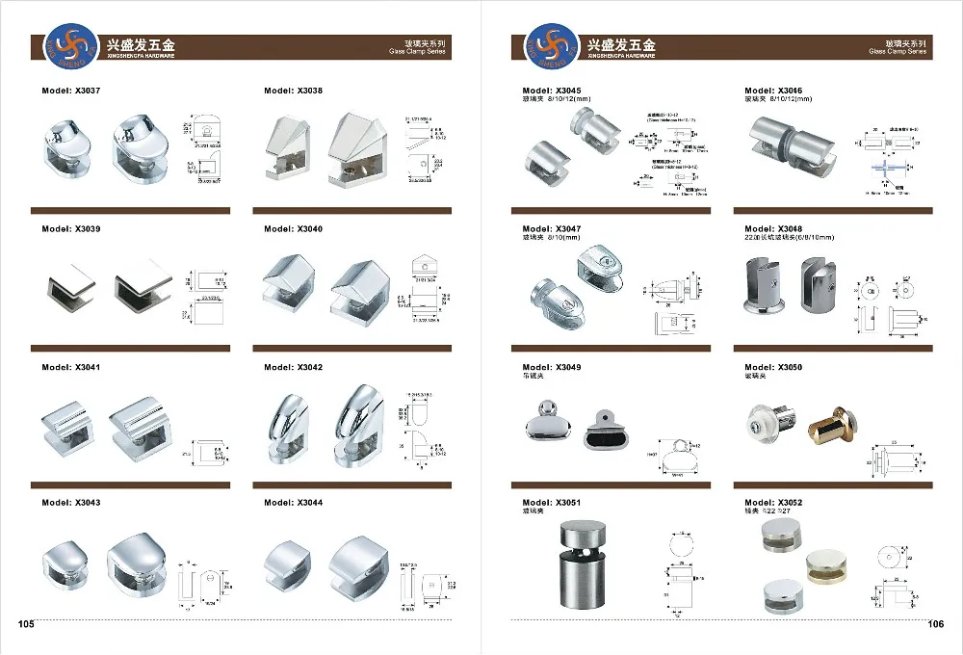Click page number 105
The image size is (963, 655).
26,624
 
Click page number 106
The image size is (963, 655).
935,624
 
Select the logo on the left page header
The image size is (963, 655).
71,46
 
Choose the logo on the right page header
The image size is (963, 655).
545,46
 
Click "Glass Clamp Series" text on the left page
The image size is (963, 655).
419,53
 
